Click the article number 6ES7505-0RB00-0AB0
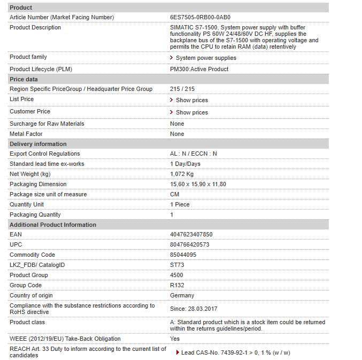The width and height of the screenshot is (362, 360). (201, 17)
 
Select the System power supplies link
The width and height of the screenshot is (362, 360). (206, 58)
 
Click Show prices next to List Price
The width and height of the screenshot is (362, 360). (191, 100)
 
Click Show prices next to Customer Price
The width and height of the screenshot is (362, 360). (191, 112)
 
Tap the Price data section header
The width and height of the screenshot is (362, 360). (24, 79)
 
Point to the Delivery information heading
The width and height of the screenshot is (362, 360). (38, 144)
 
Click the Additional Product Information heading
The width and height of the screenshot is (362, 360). (53, 225)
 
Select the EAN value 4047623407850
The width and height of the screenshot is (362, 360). (191, 234)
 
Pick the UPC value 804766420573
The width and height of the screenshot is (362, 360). (189, 244)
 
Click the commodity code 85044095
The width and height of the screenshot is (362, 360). (183, 255)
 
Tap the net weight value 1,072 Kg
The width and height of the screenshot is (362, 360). (182, 174)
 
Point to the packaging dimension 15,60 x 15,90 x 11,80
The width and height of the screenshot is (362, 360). (198, 184)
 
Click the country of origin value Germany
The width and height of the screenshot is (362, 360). (182, 295)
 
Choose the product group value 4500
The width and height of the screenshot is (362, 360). (176, 275)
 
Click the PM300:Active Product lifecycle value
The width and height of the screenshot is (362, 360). (199, 69)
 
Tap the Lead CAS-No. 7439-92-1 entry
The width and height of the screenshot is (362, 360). (235, 353)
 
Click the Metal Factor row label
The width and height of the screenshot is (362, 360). (26, 134)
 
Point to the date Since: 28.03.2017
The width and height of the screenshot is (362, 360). (194, 309)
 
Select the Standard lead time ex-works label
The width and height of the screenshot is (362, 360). (47, 164)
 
